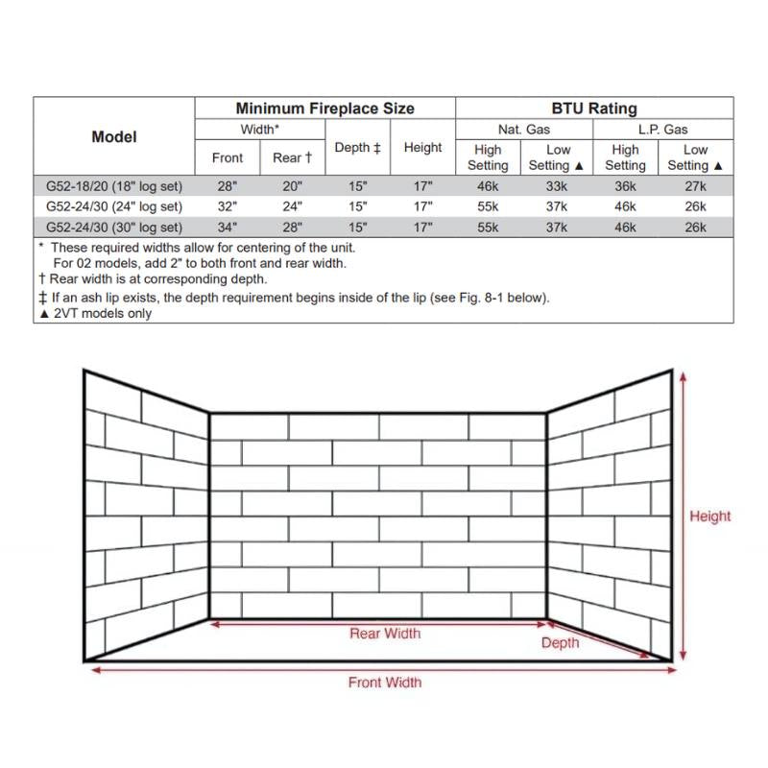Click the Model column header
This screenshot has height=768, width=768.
click(x=114, y=136)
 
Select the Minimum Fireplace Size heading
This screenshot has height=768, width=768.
click(x=324, y=108)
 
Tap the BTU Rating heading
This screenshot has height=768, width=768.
click(x=594, y=108)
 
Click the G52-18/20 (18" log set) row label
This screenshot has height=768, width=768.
click(x=114, y=185)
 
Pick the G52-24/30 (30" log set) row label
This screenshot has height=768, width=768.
click(x=114, y=228)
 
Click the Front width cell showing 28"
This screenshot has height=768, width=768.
click(x=228, y=185)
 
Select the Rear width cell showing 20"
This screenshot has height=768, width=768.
click(x=292, y=185)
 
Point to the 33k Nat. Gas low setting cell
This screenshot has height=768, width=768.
click(x=557, y=185)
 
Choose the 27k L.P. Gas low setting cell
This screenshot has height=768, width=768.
click(x=695, y=185)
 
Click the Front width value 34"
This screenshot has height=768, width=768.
click(x=228, y=228)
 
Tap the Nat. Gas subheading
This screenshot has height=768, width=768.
click(x=524, y=129)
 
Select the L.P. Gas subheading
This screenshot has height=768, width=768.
click(x=662, y=129)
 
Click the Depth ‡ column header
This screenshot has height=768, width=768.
click(x=357, y=148)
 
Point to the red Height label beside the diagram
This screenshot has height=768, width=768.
click(x=709, y=516)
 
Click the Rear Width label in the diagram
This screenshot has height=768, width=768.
click(x=384, y=634)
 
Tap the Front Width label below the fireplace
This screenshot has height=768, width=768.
click(x=384, y=683)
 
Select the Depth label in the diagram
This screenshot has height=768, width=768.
click(x=560, y=642)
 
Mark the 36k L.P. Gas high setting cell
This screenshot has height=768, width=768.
click(x=625, y=185)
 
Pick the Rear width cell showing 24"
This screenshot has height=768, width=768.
click(x=292, y=206)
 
